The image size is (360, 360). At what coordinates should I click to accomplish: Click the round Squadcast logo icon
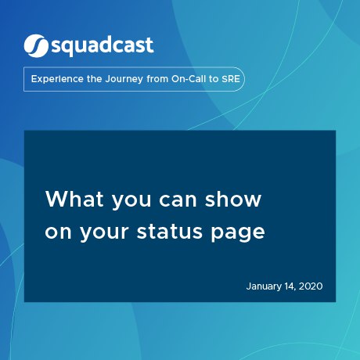36,46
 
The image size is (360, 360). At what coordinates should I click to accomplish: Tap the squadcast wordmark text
103,46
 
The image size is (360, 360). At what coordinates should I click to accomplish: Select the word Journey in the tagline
124,79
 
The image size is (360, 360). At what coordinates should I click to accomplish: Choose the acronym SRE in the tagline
231,79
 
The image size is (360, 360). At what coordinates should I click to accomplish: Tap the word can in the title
178,200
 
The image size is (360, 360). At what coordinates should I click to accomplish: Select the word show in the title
233,199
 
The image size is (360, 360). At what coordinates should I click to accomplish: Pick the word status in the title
170,231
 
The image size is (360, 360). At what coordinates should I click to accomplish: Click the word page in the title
238,233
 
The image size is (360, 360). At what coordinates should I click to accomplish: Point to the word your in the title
104,233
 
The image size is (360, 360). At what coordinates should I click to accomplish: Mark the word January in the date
264,286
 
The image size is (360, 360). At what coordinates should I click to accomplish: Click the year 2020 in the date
311,286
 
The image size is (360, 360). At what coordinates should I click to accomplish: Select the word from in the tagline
157,79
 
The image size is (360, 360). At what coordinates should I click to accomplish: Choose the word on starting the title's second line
58,232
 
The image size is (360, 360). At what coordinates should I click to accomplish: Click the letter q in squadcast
71,49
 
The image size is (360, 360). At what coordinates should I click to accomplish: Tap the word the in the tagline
95,79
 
